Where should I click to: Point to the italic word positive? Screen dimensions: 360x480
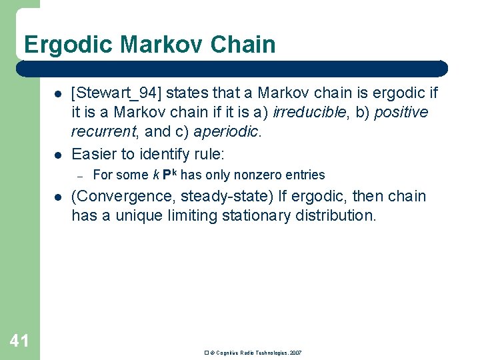pos(401,113)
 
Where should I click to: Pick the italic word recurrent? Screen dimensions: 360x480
pos(105,131)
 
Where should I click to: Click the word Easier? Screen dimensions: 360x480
pos(96,154)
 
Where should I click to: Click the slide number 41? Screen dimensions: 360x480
pos(19,341)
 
